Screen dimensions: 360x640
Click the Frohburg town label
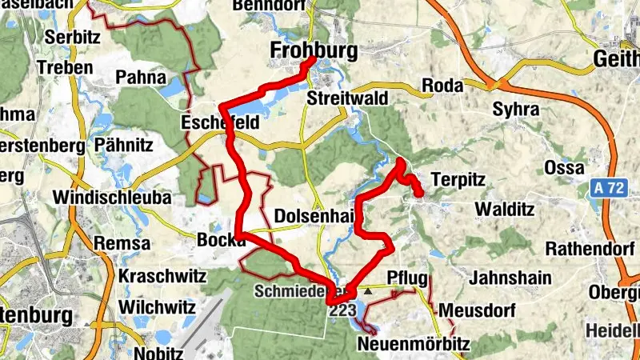pyautogui.click(x=313, y=51)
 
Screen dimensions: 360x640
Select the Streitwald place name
pyautogui.click(x=347, y=98)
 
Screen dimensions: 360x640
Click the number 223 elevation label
pyautogui.click(x=342, y=310)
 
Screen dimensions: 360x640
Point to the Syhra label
pyautogui.click(x=513, y=108)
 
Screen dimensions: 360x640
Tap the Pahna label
pyautogui.click(x=140, y=78)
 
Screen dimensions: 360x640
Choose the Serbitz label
pyautogui.click(x=70, y=37)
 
